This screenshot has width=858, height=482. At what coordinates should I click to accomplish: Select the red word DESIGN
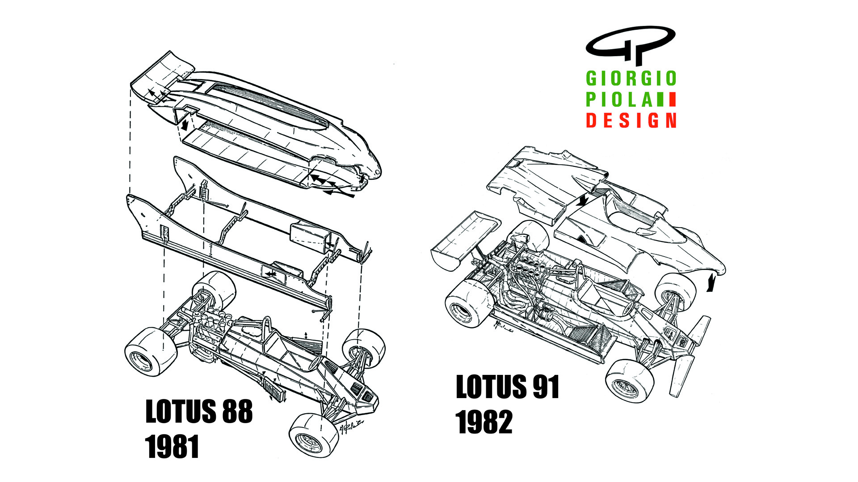point(631,120)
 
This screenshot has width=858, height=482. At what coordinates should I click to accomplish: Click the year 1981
point(172,447)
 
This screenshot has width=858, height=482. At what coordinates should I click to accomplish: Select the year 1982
point(484,422)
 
